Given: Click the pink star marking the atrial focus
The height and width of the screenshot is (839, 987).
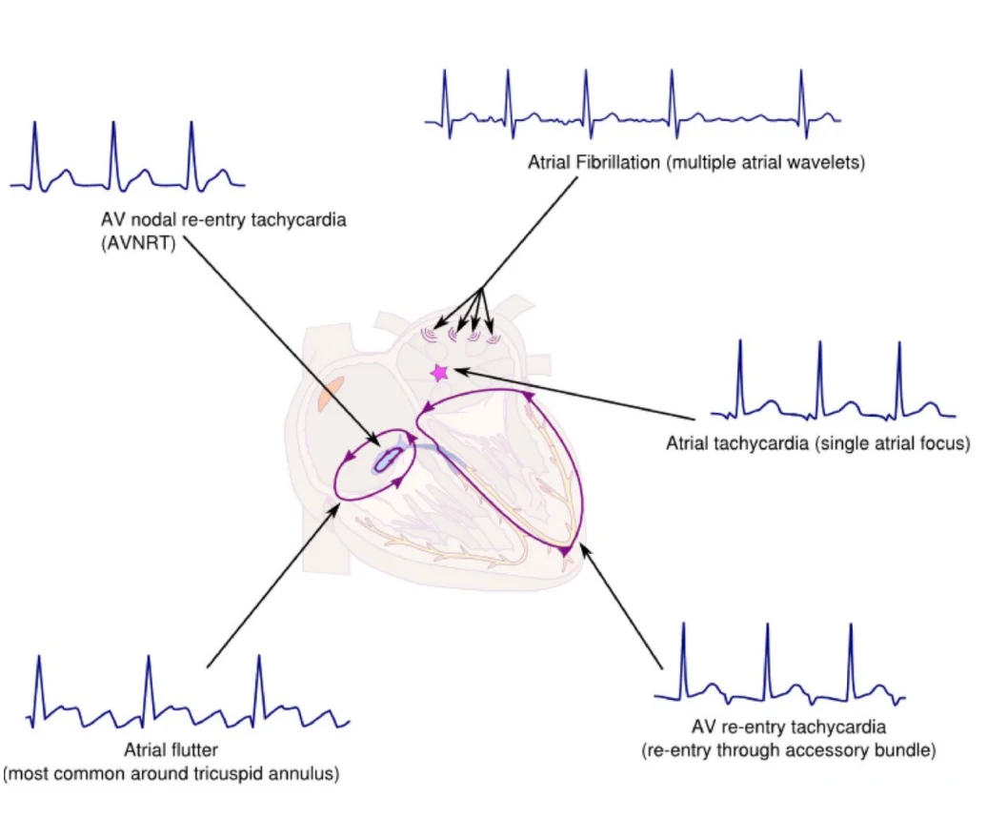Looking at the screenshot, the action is pyautogui.click(x=439, y=372).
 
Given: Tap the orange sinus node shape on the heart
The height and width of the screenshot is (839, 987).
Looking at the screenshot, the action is pyautogui.click(x=331, y=393).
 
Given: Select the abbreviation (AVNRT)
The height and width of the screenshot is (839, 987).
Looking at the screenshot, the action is pyautogui.click(x=138, y=243).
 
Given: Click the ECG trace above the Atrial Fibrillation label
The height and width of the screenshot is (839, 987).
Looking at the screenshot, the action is pyautogui.click(x=633, y=105).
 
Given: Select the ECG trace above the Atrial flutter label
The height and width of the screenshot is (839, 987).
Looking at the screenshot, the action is pyautogui.click(x=188, y=692).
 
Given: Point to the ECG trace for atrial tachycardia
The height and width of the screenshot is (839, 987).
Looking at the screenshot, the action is pyautogui.click(x=833, y=379).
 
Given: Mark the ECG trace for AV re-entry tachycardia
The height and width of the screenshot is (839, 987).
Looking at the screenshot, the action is pyautogui.click(x=779, y=664).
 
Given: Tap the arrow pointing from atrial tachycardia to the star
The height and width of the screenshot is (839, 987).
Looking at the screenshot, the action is pyautogui.click(x=574, y=395).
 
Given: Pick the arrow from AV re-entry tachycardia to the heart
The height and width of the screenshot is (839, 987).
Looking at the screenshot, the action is pyautogui.click(x=621, y=606).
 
